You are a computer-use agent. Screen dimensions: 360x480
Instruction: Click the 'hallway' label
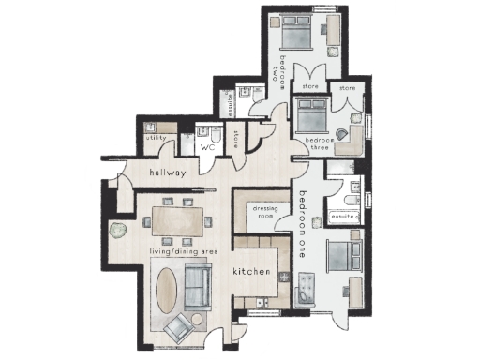coord(168,173)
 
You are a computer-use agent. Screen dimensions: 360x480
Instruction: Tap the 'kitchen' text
coord(251,272)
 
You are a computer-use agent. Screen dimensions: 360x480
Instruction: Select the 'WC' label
coord(208,147)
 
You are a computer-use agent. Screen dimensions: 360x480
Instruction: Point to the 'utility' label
coord(156,139)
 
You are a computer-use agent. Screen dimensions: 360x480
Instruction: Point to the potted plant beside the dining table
coord(115,229)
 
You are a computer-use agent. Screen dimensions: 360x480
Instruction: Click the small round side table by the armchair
coord(197,320)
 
